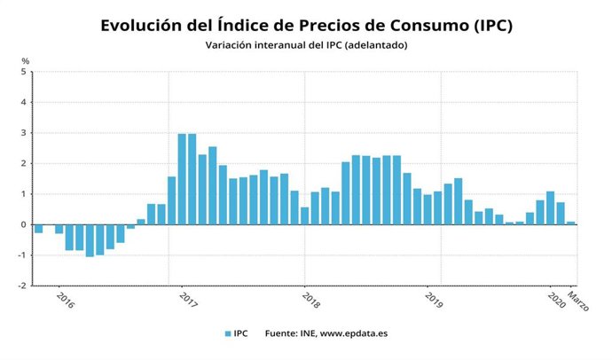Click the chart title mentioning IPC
(306, 25)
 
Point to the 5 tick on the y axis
(25, 72)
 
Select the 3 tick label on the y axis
(25, 133)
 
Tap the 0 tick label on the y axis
(25, 224)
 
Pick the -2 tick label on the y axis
(23, 286)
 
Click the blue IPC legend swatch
(227, 334)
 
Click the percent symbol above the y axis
(26, 59)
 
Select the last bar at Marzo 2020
(571, 223)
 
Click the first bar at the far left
(38, 229)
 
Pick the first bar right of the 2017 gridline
(182, 179)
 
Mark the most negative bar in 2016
(90, 240)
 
